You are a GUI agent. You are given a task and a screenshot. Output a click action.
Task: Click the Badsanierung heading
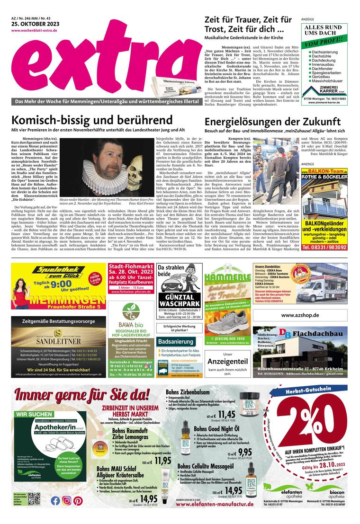point(175,341)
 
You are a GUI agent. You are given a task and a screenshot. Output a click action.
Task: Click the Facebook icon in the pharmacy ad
point(55,500)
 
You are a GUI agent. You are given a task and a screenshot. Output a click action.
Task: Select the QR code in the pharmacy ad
point(34,500)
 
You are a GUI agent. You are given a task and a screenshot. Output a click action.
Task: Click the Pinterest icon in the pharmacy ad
point(78,500)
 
